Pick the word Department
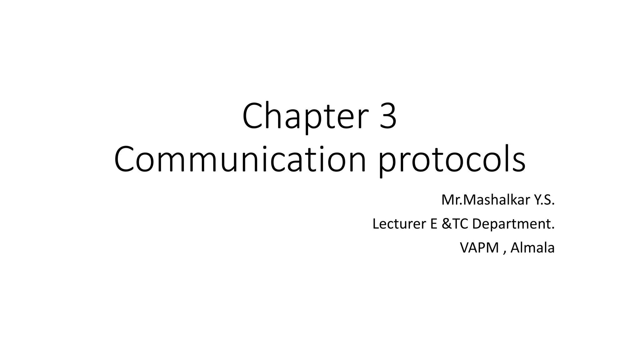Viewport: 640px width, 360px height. [x=510, y=224]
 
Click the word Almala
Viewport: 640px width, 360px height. [x=532, y=248]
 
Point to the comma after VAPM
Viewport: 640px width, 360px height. [x=504, y=252]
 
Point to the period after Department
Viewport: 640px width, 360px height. [x=553, y=228]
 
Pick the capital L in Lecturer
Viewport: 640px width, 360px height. [x=376, y=224]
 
